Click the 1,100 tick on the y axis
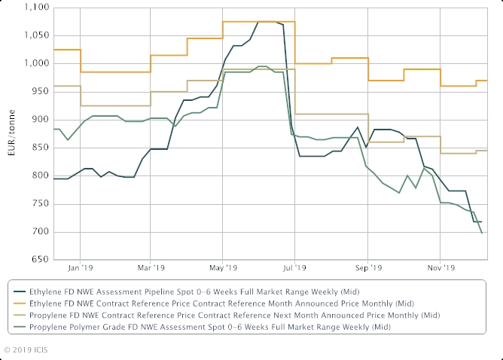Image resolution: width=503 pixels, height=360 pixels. pyautogui.click(x=35, y=8)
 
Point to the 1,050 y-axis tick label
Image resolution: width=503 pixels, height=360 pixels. pyautogui.click(x=35, y=35)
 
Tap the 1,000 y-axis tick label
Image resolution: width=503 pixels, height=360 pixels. pyautogui.click(x=35, y=63)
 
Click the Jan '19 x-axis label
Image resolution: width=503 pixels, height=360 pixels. pyautogui.click(x=81, y=267)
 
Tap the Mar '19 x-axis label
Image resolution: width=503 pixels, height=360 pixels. pyautogui.click(x=151, y=267)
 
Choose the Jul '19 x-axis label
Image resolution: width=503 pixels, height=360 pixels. pyautogui.click(x=295, y=267)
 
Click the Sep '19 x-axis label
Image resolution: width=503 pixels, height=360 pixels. pyautogui.click(x=367, y=267)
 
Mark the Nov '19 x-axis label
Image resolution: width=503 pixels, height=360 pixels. pyautogui.click(x=441, y=267)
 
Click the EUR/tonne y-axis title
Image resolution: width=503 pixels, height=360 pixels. pyautogui.click(x=11, y=134)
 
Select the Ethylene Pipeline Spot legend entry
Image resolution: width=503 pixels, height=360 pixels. pyautogui.click(x=192, y=291)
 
